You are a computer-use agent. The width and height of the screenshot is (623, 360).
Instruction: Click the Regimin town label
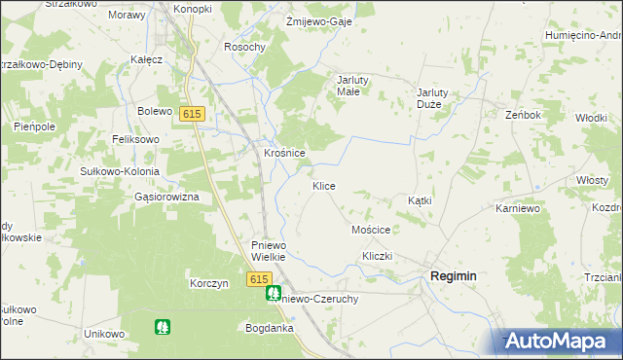point(453,276)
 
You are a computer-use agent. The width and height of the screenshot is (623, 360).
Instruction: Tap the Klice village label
point(324,185)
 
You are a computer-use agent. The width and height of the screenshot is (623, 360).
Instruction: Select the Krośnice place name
point(285,153)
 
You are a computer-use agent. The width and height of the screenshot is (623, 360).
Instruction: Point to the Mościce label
point(370,230)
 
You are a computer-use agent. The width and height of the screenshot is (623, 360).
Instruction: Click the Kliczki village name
point(377,255)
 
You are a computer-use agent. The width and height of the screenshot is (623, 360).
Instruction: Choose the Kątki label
point(420,200)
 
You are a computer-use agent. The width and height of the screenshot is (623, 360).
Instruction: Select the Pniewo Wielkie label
point(268,251)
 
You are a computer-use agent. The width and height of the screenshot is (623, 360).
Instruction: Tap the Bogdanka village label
point(270,328)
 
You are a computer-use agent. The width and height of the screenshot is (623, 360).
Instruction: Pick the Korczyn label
point(209,283)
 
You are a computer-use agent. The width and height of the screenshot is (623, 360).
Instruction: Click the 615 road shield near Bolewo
point(192,114)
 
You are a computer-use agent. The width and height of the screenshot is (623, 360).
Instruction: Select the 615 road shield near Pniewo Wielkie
point(258,279)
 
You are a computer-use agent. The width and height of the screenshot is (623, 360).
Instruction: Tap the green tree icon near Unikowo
point(162,327)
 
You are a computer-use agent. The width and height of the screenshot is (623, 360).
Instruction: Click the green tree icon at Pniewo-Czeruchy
point(275,292)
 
